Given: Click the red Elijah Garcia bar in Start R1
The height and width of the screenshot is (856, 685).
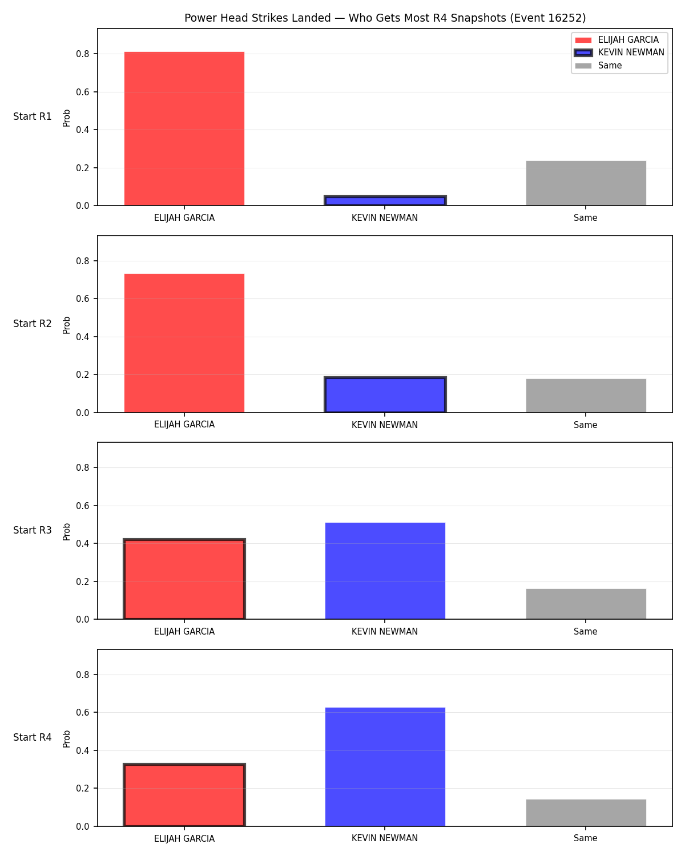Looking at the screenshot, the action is (x=184, y=128).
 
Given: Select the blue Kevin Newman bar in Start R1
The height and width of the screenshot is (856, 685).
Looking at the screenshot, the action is (x=385, y=200).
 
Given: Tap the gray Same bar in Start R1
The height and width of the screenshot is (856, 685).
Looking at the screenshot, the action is (x=586, y=183).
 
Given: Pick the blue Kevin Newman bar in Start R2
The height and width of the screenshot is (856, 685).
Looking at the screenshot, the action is (x=385, y=394).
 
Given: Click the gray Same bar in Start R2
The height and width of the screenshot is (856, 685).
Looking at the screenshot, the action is (x=586, y=395).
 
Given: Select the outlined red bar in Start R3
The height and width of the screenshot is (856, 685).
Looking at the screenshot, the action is (x=184, y=579).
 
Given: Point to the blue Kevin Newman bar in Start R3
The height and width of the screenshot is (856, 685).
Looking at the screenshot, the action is (x=385, y=571).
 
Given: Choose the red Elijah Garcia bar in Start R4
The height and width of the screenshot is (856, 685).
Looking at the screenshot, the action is (x=184, y=795).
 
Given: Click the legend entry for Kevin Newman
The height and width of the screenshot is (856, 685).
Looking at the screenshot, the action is (x=619, y=53).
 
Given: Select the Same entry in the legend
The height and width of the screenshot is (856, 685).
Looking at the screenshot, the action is (x=598, y=66).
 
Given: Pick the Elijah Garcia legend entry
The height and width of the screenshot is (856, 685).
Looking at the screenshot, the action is (x=616, y=40).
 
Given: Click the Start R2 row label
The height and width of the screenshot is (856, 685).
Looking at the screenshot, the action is (x=32, y=324).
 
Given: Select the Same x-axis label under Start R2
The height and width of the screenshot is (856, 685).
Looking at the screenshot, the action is (x=585, y=425).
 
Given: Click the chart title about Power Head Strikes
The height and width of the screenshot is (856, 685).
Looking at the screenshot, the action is (x=385, y=18).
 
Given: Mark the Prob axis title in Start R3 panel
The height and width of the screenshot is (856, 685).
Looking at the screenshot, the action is (x=66, y=532).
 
